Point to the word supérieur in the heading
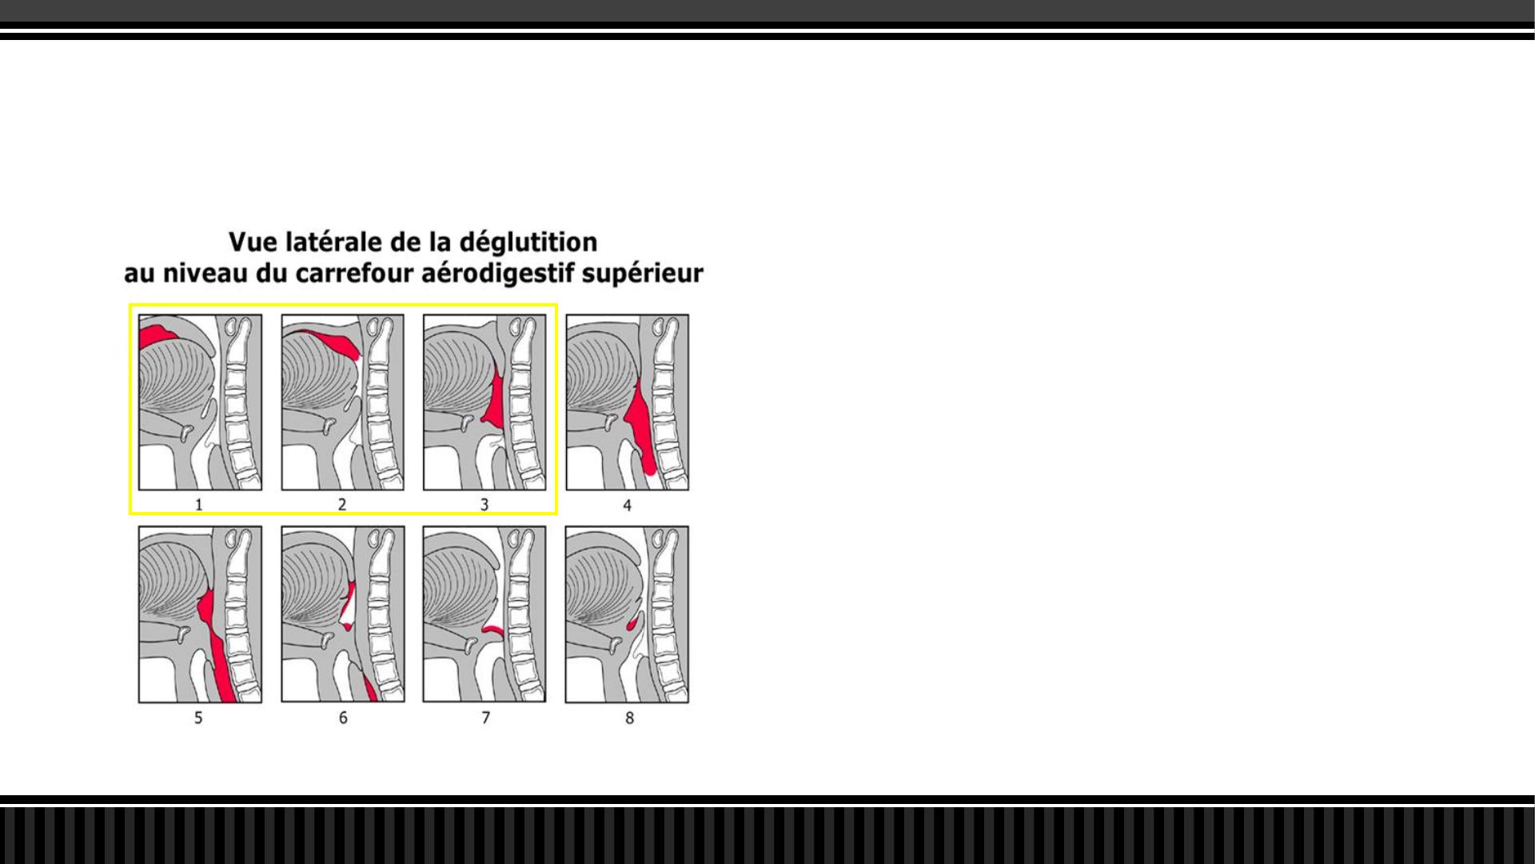tap(643, 274)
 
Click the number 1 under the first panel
tap(199, 505)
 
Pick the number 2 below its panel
tap(342, 505)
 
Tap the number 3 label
tap(484, 505)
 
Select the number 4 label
tap(628, 506)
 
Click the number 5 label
tap(199, 718)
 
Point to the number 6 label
tap(343, 718)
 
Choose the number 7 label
tap(485, 718)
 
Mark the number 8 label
tap(629, 718)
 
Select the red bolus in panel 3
tap(496, 400)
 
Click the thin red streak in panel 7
tap(493, 630)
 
